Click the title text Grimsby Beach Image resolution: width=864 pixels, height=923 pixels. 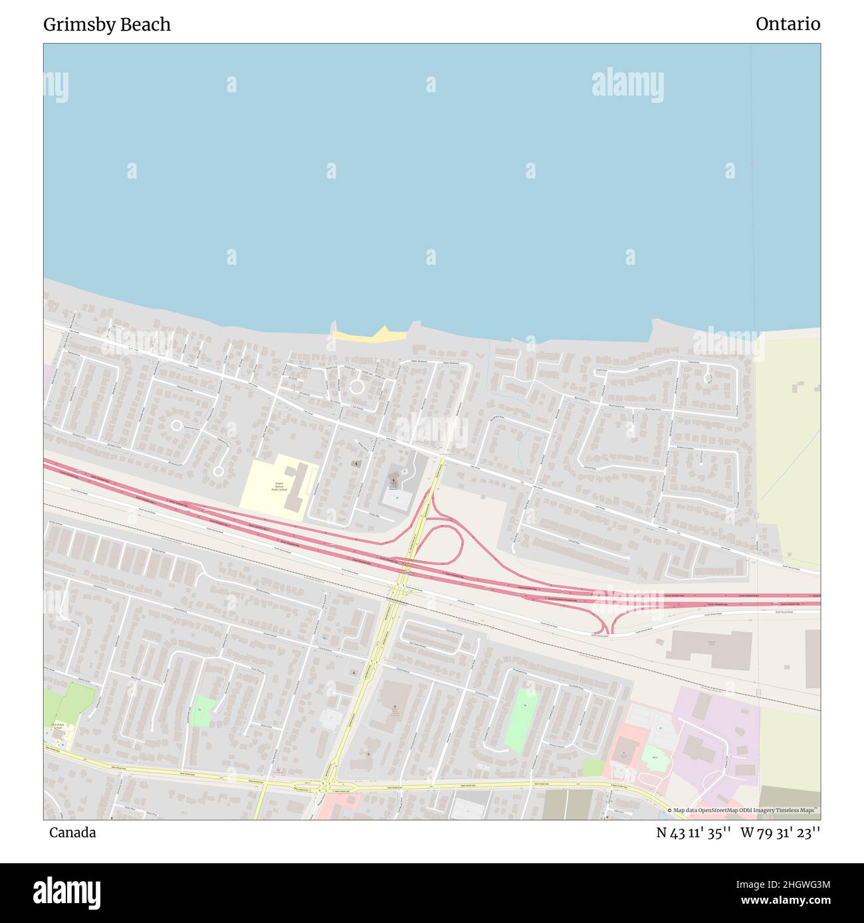point(107,25)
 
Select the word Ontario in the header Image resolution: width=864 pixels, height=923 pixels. point(788,25)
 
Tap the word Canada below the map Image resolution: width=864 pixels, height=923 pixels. point(72,833)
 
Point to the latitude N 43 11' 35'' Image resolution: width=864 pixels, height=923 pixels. point(694,833)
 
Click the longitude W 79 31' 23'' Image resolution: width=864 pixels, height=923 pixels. point(780,833)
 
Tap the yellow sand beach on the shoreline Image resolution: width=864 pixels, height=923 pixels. point(370,335)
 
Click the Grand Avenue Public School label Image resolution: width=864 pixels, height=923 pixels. point(278,487)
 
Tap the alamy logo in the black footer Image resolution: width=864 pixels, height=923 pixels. point(68,891)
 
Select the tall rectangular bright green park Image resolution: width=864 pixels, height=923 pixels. point(520,720)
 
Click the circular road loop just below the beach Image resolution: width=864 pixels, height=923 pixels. point(356,386)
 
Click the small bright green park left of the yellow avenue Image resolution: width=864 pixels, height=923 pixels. point(202,711)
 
